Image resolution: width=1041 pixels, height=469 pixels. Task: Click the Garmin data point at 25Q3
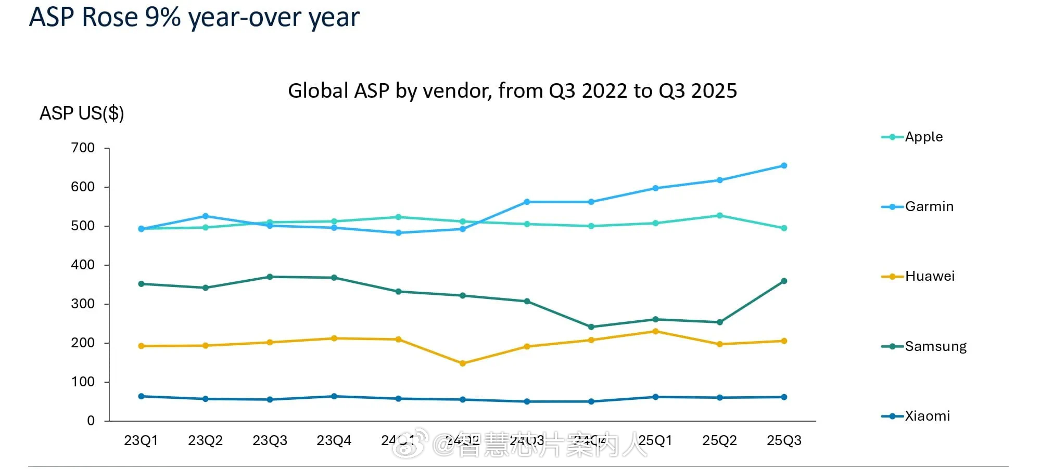tap(784, 166)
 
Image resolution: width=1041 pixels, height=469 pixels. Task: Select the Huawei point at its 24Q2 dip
tap(463, 363)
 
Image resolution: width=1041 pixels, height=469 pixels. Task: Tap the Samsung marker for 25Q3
tap(784, 281)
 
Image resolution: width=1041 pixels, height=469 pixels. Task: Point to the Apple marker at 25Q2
tap(720, 215)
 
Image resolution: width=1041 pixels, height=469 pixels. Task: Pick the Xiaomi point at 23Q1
tap(141, 396)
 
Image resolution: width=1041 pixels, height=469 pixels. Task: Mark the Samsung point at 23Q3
tap(270, 277)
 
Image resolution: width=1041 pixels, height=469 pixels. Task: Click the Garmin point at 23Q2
tap(206, 216)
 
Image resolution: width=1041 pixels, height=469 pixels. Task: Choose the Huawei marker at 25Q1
tap(655, 331)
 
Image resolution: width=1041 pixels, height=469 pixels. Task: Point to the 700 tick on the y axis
tap(83, 148)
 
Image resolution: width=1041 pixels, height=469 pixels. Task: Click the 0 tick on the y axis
tap(91, 421)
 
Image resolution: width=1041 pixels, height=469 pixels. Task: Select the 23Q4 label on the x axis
tap(334, 440)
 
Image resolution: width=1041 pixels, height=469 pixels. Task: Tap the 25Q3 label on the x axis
tap(784, 440)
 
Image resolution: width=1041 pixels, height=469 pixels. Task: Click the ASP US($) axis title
tap(82, 113)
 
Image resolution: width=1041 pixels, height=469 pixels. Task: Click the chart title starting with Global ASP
tap(512, 91)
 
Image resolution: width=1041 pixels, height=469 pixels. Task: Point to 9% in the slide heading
tap(163, 17)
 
